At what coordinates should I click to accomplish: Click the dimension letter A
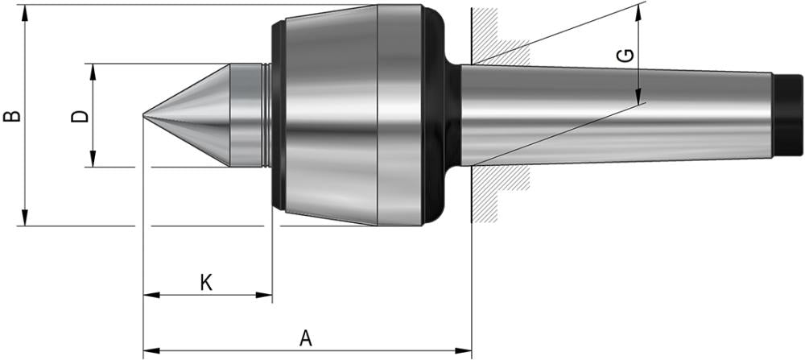305,338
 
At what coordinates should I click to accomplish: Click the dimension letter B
12,116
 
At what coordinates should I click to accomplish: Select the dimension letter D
80,116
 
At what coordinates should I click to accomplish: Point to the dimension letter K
206,283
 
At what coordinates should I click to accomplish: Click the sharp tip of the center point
145,116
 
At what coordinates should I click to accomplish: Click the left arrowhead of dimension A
150,350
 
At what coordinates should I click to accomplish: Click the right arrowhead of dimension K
266,295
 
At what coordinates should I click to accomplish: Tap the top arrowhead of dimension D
93,70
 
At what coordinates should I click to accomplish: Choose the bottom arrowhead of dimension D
93,161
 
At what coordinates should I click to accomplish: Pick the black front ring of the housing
279,115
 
